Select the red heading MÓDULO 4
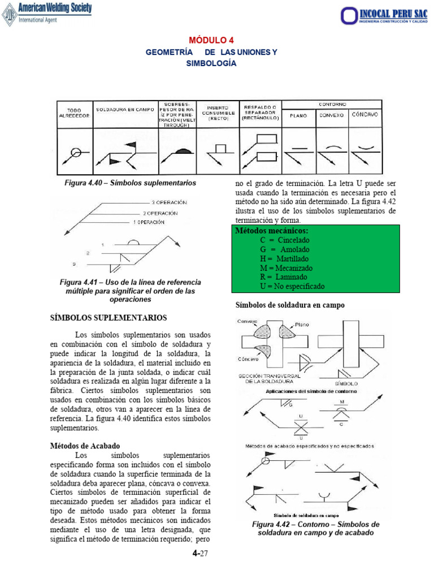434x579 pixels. [211, 40]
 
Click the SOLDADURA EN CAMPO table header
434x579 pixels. [124, 110]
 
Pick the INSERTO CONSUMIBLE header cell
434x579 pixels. [217, 113]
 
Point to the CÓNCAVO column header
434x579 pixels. [365, 114]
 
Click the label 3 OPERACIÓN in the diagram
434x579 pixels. [170, 202]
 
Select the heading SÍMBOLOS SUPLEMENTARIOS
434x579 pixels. [108, 318]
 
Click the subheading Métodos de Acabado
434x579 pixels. [85, 446]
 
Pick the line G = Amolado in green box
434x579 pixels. [285, 249]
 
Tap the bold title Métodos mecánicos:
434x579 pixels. [272, 231]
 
